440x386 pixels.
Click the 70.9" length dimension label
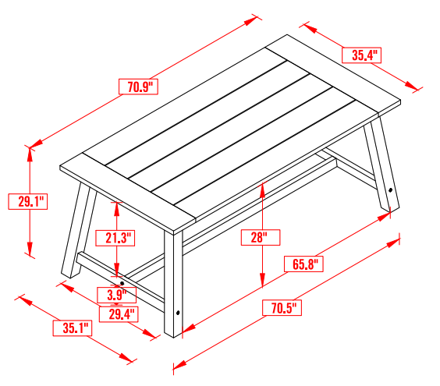pos(138,86)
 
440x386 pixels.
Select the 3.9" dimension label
pos(117,295)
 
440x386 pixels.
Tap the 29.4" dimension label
pos(119,313)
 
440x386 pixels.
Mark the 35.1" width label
pos(73,328)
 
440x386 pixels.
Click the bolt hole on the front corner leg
pos(179,313)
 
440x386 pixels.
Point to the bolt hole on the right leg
pos(390,189)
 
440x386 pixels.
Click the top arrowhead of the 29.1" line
pos(30,151)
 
